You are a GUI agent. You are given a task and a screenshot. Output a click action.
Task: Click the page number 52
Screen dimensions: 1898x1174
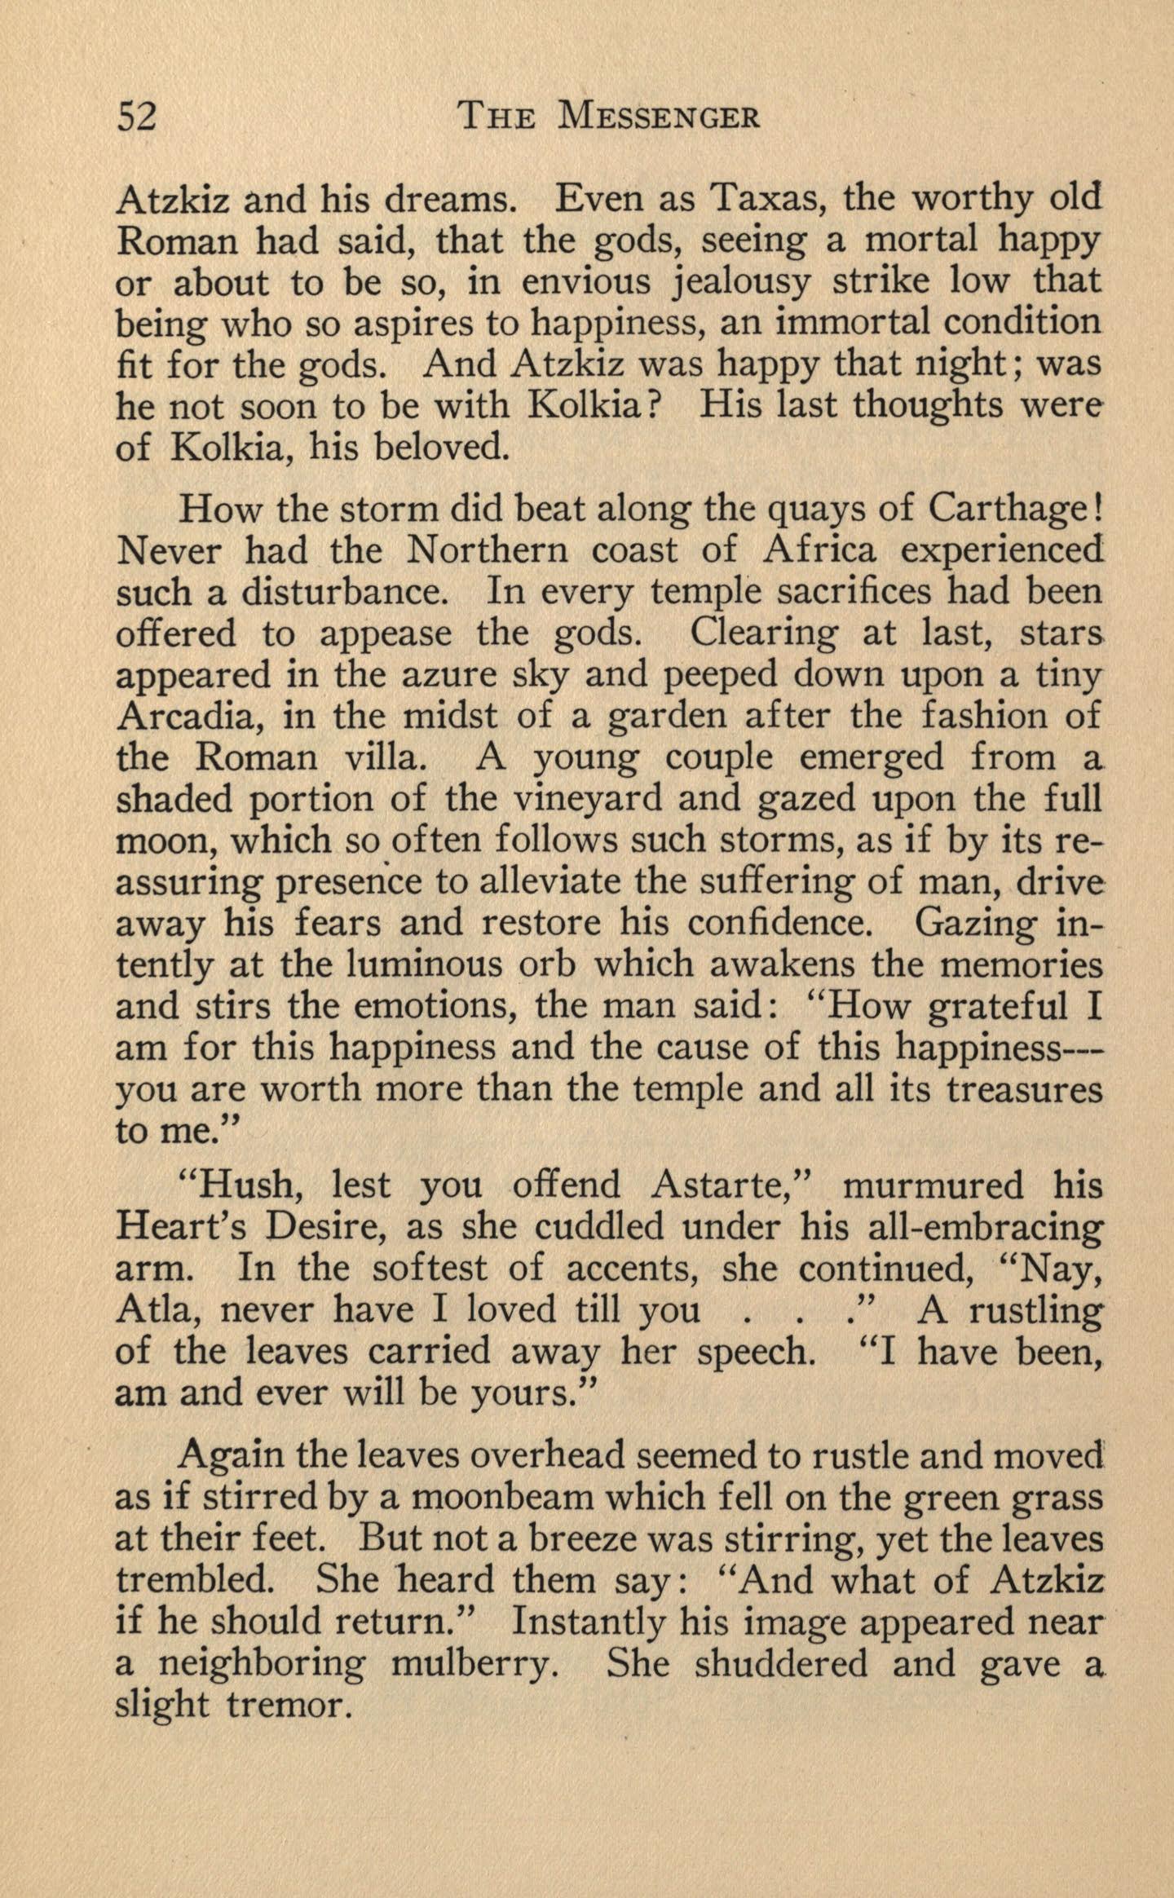point(136,117)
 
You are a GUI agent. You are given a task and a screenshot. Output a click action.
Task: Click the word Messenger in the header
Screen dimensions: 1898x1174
point(659,117)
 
